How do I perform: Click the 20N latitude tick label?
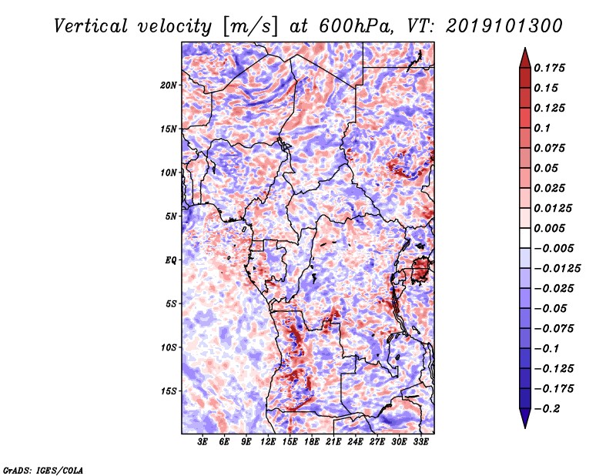pos(169,85)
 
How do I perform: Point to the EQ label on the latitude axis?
pos(171,260)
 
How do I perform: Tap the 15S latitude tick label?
pos(169,391)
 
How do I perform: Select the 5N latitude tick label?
pos(171,216)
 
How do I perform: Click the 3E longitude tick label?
pos(203,442)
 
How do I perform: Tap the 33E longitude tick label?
pos(420,442)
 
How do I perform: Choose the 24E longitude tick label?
pos(355,442)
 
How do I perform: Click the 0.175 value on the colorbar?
pos(551,68)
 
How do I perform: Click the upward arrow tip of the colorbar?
pos(524,50)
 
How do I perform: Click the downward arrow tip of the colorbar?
pos(524,426)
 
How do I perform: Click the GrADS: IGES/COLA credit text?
pos(43,469)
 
